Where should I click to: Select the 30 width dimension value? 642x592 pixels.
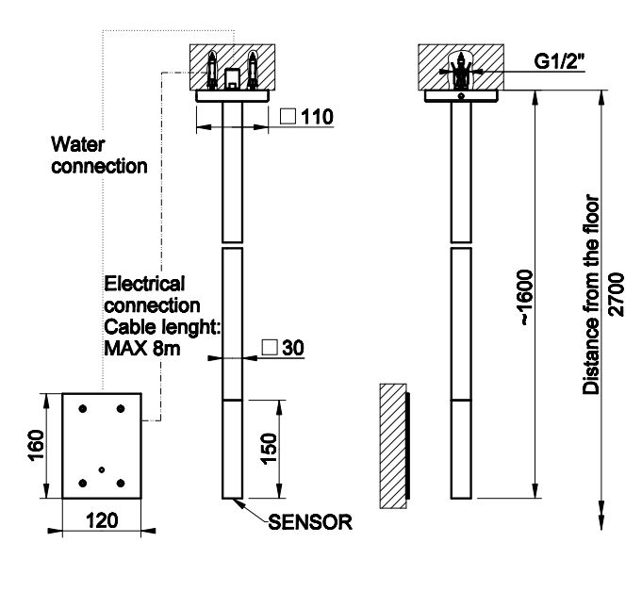click(291, 347)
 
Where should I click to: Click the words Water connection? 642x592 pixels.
click(99, 156)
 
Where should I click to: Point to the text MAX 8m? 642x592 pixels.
click(141, 349)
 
